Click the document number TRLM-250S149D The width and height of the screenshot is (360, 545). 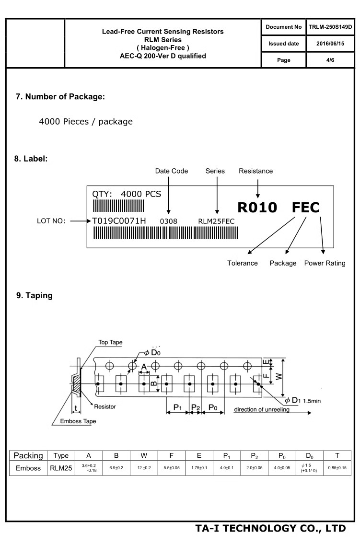pos(330,27)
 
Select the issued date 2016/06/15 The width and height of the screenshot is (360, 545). pos(330,44)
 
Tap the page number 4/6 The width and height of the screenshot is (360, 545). pos(330,60)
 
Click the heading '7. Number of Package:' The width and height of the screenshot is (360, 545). pos(60,97)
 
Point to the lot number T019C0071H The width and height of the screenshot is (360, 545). pos(119,220)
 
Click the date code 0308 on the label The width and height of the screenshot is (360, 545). pos(169,221)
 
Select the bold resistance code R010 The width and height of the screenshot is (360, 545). pos(257,208)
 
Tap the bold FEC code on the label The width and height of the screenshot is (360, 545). pos(306,208)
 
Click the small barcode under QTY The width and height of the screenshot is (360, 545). pos(118,206)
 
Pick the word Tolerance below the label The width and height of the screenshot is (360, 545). pos(243,263)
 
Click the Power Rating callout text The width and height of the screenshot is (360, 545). pos(325,263)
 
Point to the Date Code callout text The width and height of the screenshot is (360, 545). pos(171,171)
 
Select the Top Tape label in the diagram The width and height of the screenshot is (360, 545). pos(111,342)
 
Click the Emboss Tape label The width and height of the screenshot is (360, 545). pos(78,421)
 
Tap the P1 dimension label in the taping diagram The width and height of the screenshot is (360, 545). pos(178,407)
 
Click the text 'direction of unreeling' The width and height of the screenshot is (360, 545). pos(262,409)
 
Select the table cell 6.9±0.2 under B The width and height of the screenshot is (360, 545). pos(116,468)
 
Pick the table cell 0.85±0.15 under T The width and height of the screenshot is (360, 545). pos(337,468)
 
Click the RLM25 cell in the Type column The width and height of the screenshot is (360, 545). pos(61,468)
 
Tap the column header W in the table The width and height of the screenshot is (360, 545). pos(144,456)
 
